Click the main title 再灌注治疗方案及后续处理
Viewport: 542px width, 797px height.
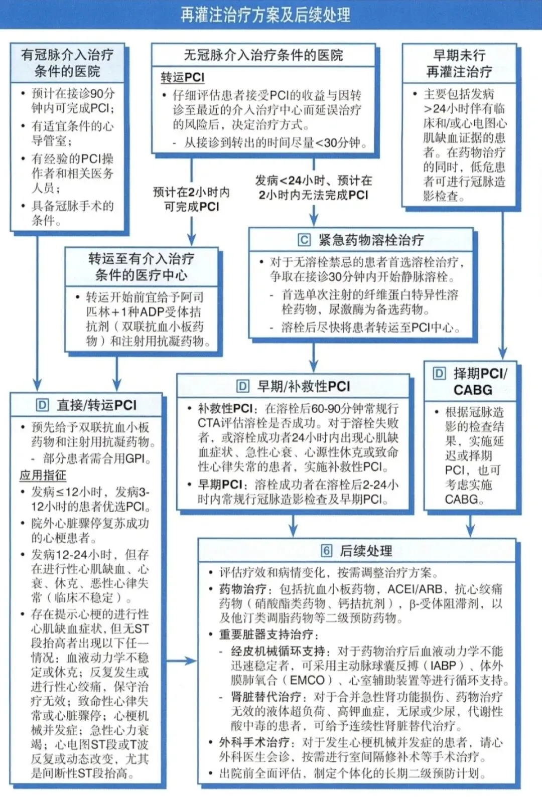[265, 15]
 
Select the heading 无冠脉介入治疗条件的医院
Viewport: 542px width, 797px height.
[263, 55]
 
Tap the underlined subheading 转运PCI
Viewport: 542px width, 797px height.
[183, 77]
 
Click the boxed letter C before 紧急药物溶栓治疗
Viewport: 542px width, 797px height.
[304, 240]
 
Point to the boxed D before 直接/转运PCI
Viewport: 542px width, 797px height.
[42, 405]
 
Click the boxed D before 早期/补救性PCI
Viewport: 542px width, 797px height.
[242, 386]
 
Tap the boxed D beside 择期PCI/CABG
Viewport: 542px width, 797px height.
[439, 373]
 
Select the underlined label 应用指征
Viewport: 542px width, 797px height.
[43, 475]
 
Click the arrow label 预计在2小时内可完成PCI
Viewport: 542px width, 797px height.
[192, 199]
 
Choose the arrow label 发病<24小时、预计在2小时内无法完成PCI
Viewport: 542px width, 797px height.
[313, 188]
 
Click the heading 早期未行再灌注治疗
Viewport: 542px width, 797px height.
[459, 63]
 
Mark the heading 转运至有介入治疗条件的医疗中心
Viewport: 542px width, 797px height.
[142, 267]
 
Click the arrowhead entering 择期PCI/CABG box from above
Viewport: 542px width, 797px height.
[502, 354]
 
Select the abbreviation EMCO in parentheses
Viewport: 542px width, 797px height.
[307, 680]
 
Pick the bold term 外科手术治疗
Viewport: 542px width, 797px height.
[254, 742]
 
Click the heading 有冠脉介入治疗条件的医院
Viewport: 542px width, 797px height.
[67, 63]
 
